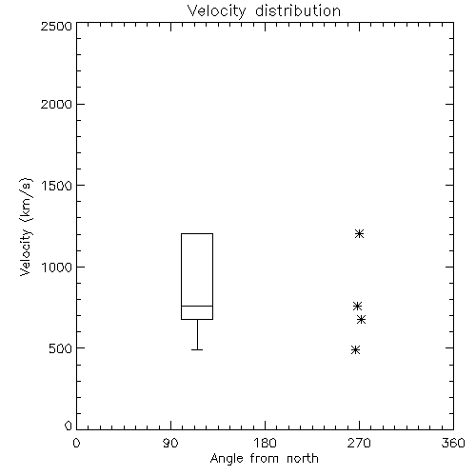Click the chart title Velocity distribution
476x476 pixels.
[264, 11]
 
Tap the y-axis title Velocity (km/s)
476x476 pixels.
[26, 227]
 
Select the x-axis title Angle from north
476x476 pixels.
[264, 459]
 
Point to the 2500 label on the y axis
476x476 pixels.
[56, 26]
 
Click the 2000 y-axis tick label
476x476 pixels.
[56, 104]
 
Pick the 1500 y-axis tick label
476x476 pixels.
[57, 186]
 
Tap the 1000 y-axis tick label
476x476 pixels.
[57, 268]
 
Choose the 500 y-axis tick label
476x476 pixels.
[61, 348]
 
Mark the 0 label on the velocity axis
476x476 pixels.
[69, 426]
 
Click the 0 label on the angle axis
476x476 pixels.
[76, 443]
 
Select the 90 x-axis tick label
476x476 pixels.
[170, 443]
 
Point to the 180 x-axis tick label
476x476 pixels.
[265, 443]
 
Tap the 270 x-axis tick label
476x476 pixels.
[359, 443]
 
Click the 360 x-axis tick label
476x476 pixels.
[453, 443]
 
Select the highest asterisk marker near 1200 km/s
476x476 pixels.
[359, 234]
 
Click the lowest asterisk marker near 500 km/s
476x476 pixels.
[355, 350]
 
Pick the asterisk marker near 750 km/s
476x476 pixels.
[357, 307]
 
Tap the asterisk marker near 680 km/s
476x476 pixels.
[361, 319]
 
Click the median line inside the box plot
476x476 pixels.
[197, 306]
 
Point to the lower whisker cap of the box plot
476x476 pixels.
[197, 349]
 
